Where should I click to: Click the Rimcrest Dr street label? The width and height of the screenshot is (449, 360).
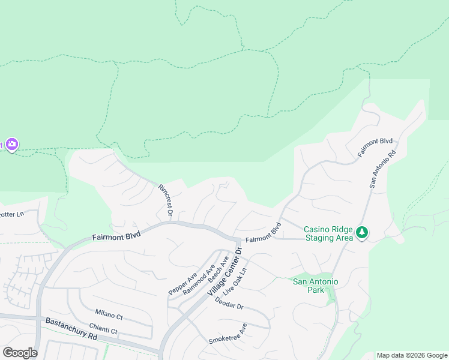click(x=166, y=200)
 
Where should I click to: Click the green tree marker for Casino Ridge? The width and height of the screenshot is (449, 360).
click(x=361, y=232)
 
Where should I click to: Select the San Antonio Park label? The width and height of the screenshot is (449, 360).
click(x=315, y=286)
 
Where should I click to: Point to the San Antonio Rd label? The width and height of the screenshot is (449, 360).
click(x=383, y=169)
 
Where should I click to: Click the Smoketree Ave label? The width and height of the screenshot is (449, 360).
click(x=228, y=333)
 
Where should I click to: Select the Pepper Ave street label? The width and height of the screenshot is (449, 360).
click(x=183, y=283)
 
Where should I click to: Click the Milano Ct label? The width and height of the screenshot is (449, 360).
click(x=109, y=314)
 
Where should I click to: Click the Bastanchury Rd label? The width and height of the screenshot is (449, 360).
click(x=71, y=329)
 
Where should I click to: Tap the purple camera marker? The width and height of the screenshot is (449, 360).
click(x=12, y=145)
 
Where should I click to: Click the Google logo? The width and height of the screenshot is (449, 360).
click(x=20, y=353)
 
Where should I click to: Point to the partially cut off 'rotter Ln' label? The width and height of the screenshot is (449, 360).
click(x=12, y=214)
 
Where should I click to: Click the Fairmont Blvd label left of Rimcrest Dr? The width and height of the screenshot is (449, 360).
click(x=116, y=236)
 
